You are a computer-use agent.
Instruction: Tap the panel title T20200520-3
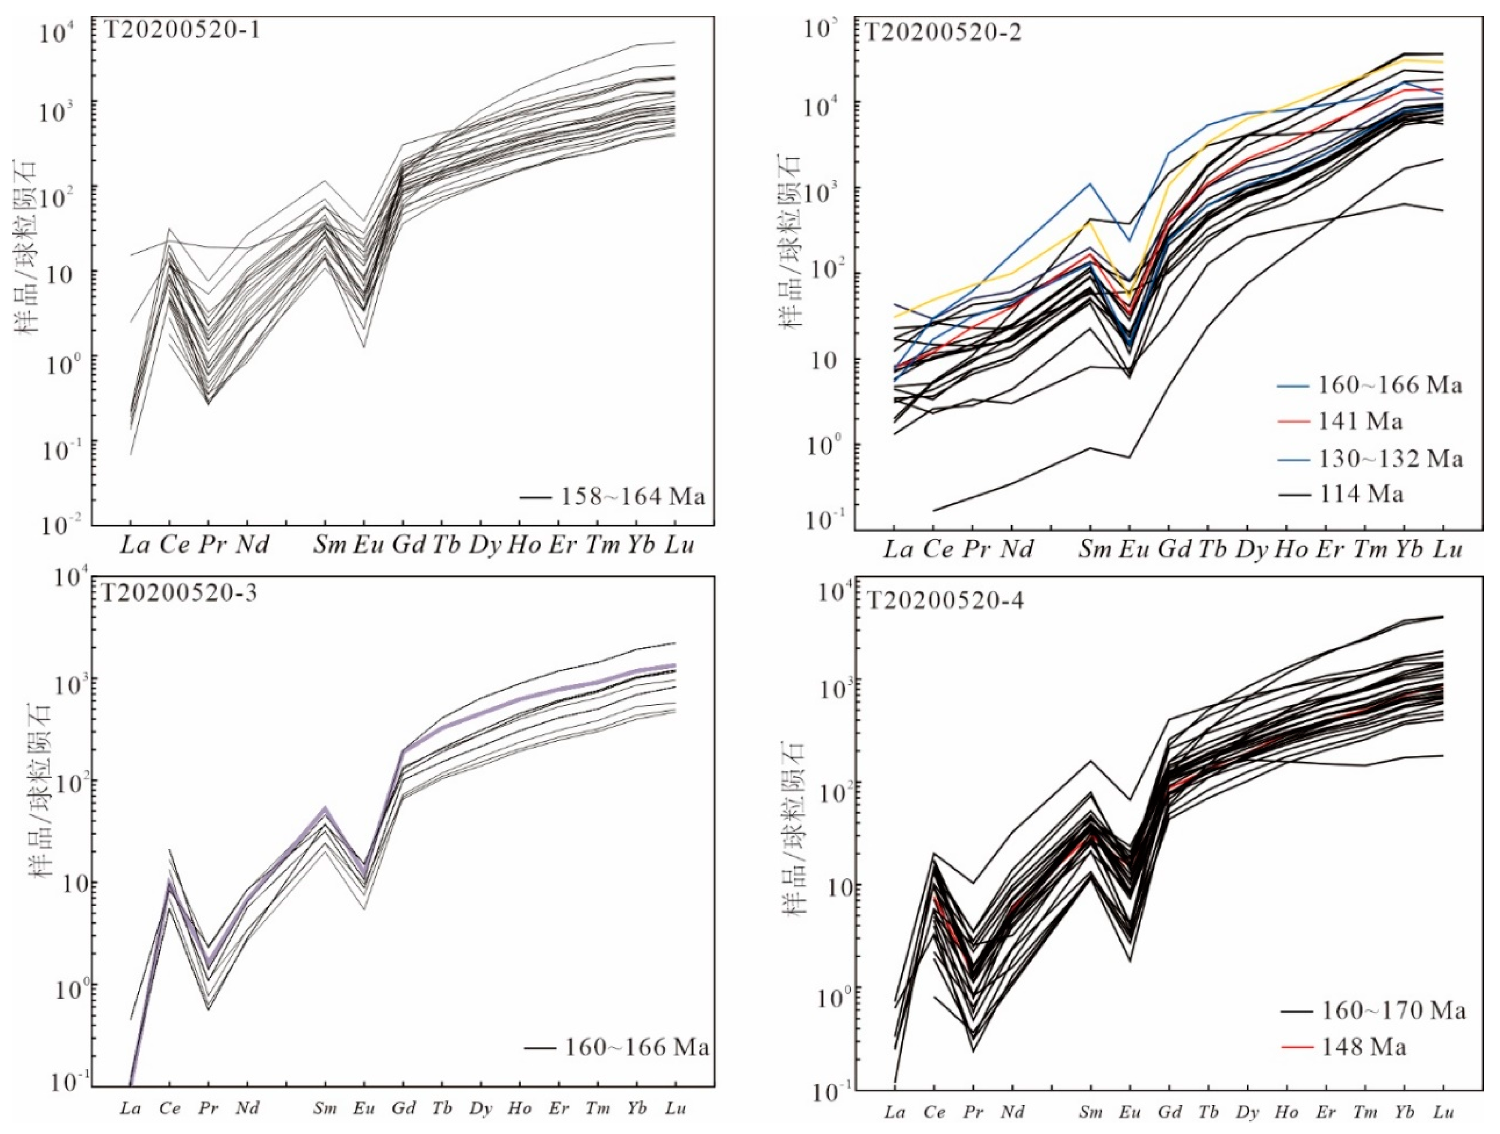coord(180,592)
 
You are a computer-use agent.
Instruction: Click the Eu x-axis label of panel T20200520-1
coord(364,545)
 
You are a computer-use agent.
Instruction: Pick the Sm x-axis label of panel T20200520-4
coord(1090,1112)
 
